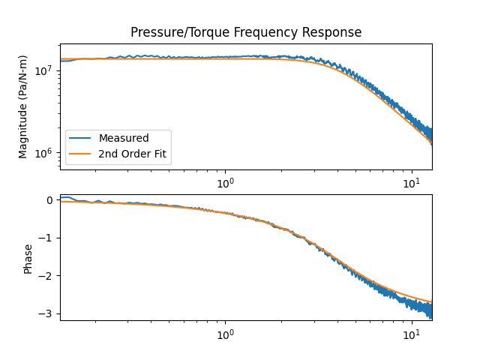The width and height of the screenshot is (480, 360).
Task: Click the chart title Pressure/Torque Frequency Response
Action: click(x=246, y=32)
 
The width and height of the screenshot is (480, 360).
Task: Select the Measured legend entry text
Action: click(x=124, y=138)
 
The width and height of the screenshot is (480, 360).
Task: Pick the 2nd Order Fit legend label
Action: click(x=132, y=155)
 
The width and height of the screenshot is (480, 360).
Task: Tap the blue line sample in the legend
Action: click(x=81, y=138)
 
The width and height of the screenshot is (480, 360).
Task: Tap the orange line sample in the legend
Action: click(x=81, y=155)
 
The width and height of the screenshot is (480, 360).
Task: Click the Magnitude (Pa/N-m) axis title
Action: click(x=23, y=106)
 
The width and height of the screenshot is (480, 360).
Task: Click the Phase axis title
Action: click(x=28, y=257)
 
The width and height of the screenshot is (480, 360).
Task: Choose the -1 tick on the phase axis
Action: click(x=47, y=238)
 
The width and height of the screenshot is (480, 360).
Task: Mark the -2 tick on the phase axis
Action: click(x=47, y=276)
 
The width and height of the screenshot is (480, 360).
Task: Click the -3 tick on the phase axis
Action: click(x=47, y=314)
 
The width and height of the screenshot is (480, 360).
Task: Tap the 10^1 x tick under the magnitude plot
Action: click(x=411, y=182)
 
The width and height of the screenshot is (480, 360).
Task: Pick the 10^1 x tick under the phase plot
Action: click(x=411, y=333)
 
